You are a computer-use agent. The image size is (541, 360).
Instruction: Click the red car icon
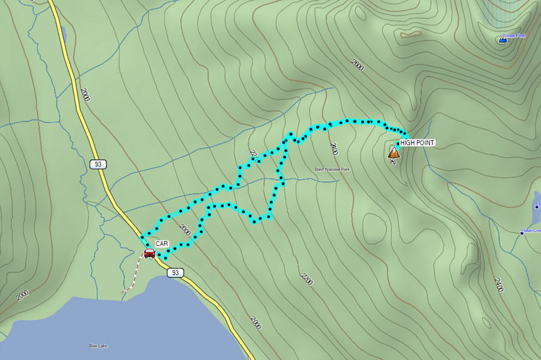point(150,253)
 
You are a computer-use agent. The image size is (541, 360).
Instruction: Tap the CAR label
point(162,243)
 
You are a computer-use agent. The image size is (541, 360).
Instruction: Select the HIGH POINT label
point(417,142)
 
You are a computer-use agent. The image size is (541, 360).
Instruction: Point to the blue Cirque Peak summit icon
point(503,40)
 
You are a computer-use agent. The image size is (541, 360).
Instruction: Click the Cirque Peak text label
point(515,35)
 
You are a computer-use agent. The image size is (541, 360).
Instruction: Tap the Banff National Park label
point(332,169)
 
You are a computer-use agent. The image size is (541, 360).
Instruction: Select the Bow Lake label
point(98,346)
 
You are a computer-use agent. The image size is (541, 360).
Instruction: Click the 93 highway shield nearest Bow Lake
point(175,273)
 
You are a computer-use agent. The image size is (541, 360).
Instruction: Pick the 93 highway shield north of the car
point(98,163)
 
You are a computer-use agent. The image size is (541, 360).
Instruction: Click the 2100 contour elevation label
point(334,148)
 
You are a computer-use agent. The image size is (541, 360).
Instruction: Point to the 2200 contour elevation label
point(307,279)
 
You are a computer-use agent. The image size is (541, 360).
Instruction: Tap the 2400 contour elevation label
point(499,285)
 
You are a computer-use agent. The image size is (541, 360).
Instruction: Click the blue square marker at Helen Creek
point(522,232)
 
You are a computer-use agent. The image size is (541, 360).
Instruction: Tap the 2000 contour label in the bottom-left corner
point(22,295)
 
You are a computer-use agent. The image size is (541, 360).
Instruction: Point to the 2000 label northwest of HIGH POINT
point(358,65)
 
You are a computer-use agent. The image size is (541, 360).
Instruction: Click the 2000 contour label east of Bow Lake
point(256,322)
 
